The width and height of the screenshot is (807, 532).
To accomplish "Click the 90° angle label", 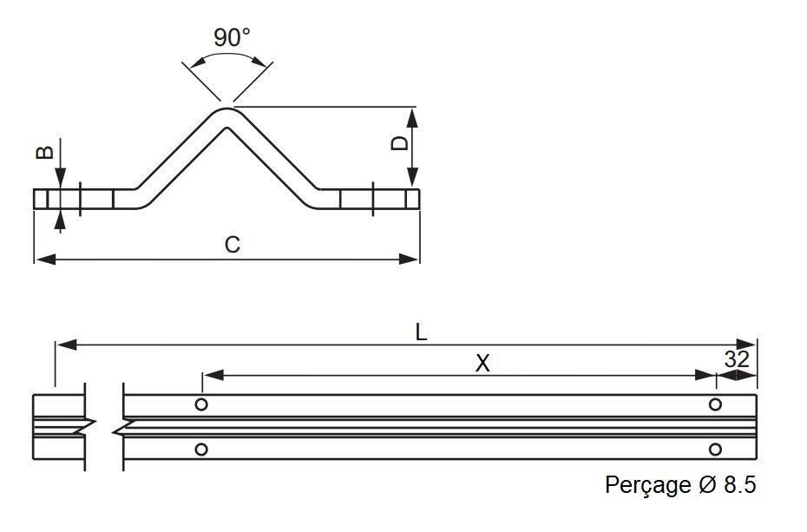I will pyautogui.click(x=231, y=38).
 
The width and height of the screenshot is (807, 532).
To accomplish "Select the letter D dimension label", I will pyautogui.click(x=399, y=142).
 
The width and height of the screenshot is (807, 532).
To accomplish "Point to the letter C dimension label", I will pyautogui.click(x=232, y=245).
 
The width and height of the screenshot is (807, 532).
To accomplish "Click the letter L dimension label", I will pyautogui.click(x=421, y=332).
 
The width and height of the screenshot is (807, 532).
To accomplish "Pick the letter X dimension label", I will pyautogui.click(x=482, y=365).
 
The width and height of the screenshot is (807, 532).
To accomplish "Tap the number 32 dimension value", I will pyautogui.click(x=736, y=359).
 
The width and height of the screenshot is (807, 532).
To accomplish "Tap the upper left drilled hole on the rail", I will pyautogui.click(x=201, y=404).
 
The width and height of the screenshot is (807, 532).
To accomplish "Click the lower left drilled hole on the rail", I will pyautogui.click(x=201, y=449).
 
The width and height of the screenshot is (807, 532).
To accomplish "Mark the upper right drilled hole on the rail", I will pyautogui.click(x=715, y=404).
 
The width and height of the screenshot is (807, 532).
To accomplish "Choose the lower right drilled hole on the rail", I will pyautogui.click(x=715, y=449).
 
